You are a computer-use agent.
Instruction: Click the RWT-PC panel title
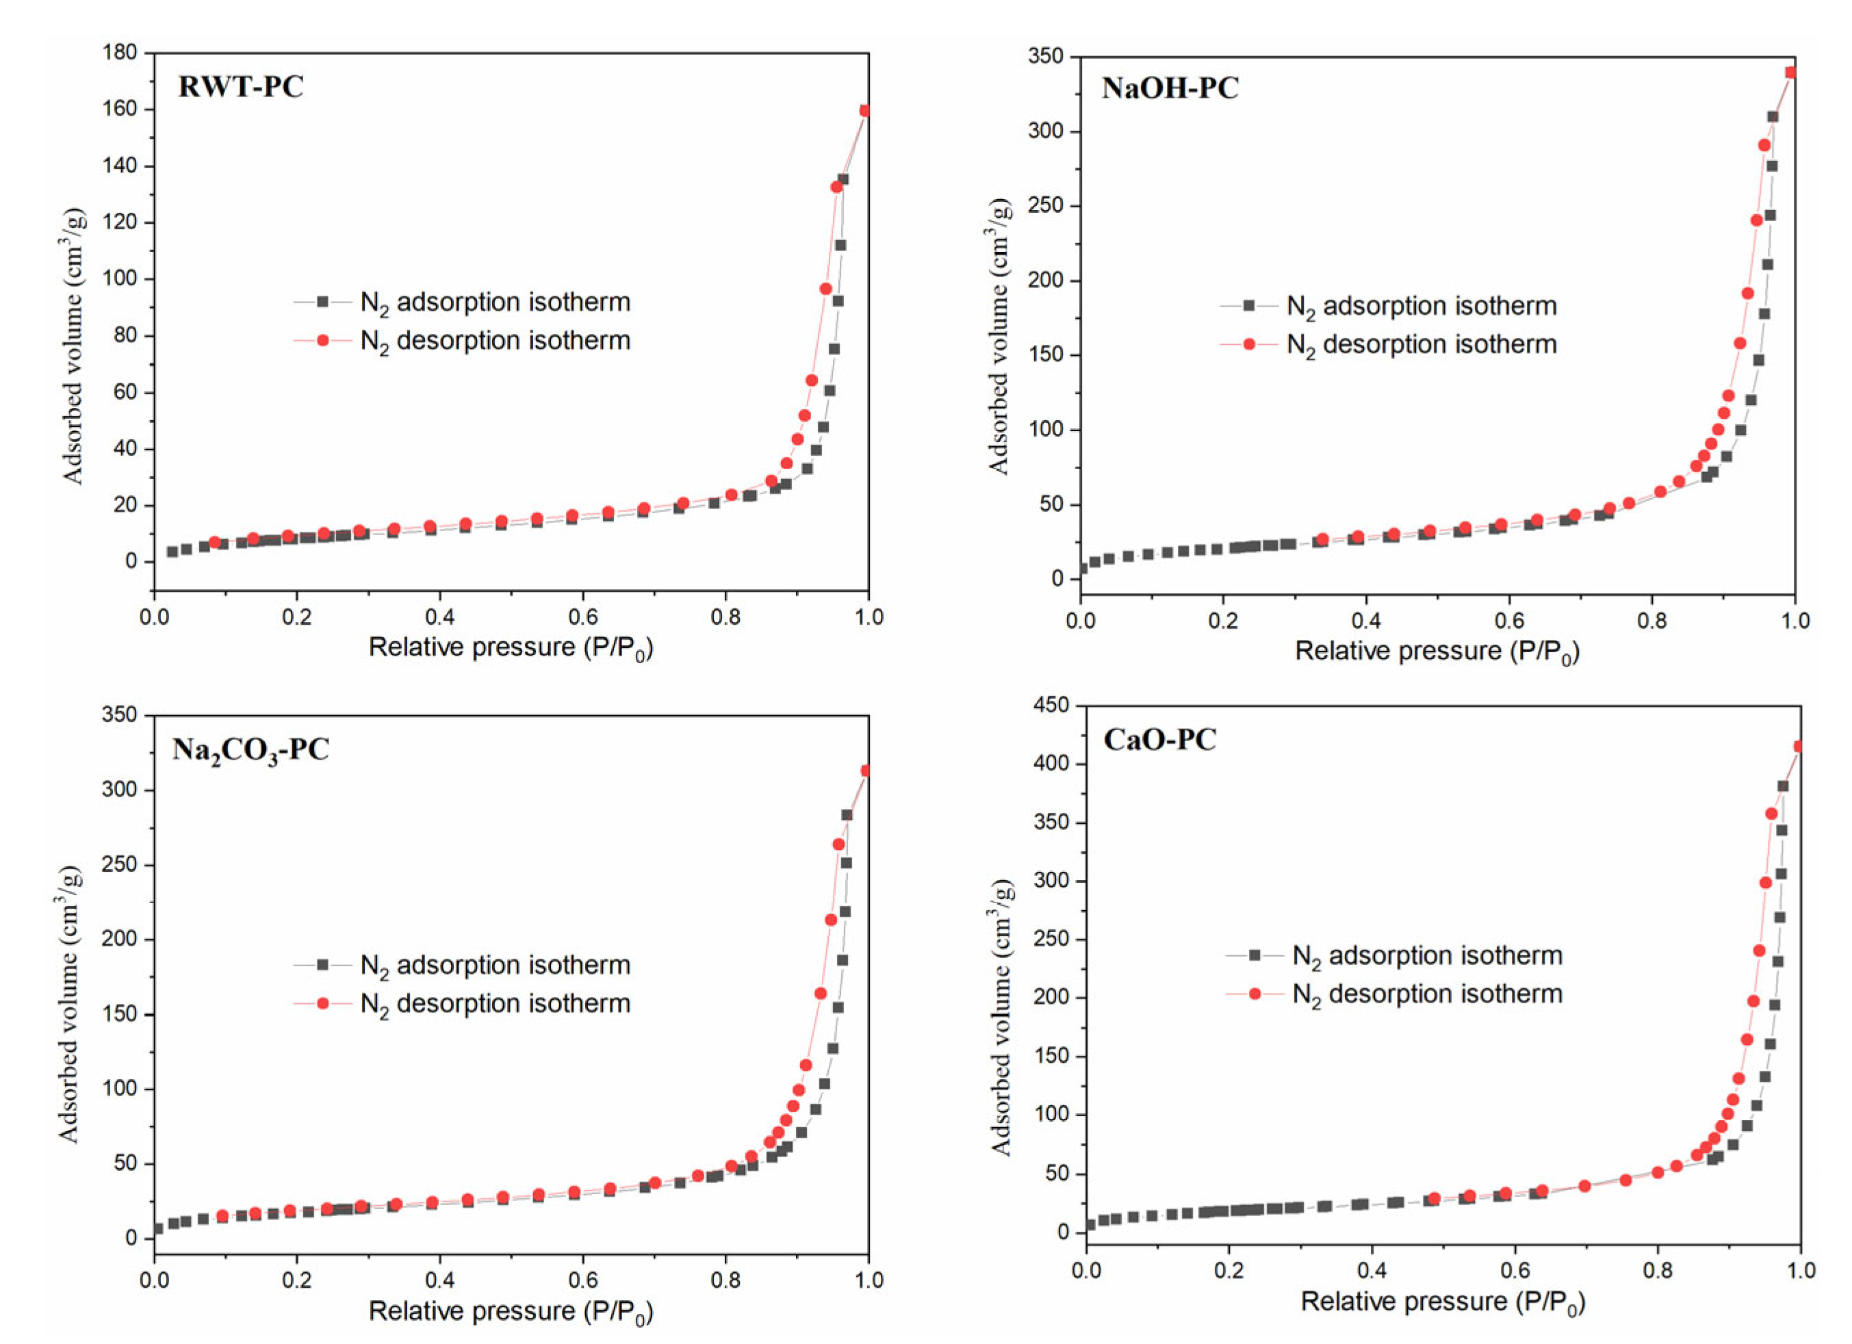click(x=240, y=86)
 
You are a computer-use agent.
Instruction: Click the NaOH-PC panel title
click(x=1170, y=88)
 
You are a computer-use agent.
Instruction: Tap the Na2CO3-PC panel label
click(x=250, y=749)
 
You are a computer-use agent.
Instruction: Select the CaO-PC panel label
click(x=1159, y=740)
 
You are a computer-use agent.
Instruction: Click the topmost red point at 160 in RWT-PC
click(x=866, y=111)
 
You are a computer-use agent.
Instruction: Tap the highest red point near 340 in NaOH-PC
click(x=1791, y=73)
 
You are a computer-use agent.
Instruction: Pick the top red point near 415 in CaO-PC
click(x=1797, y=747)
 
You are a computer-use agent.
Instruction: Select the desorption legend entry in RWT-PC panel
click(x=495, y=341)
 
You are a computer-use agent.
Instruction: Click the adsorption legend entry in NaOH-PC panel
click(x=1421, y=306)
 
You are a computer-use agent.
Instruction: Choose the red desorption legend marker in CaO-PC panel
click(x=1255, y=994)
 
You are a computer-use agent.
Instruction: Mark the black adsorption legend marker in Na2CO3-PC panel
click(x=322, y=964)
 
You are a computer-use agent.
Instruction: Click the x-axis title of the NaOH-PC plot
click(x=1437, y=651)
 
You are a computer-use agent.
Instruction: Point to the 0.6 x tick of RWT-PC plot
click(x=582, y=617)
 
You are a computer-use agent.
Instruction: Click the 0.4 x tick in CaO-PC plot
click(x=1371, y=1271)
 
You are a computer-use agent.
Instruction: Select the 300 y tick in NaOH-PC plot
click(x=1045, y=131)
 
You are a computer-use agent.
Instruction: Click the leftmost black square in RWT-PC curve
click(x=172, y=552)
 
